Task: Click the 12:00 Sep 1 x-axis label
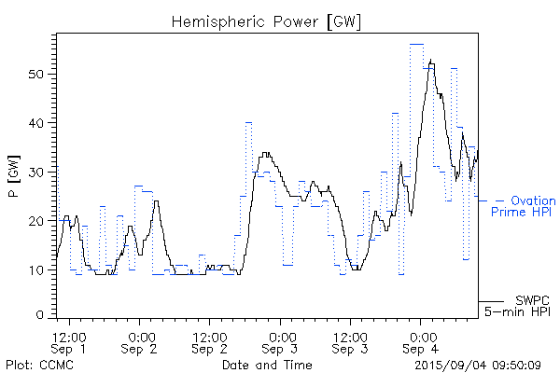(71, 342)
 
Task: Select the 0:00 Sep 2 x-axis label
(141, 342)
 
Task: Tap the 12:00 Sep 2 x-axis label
(211, 342)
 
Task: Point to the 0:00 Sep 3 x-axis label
(281, 342)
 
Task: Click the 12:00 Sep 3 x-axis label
(351, 342)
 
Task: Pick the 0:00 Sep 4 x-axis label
(421, 342)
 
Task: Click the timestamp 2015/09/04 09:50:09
(479, 364)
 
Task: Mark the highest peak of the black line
(430, 61)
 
